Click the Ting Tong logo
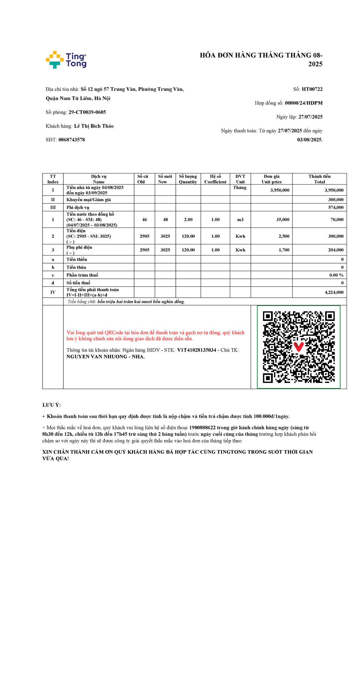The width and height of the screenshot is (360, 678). coord(66,60)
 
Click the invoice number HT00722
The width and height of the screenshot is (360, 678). coord(312,89)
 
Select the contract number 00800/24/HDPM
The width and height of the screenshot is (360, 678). coord(304,103)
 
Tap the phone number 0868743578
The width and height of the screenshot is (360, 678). coord(72,140)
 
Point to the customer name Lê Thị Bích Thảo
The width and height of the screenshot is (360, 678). coord(94,126)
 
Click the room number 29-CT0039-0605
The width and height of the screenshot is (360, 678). coord(87,112)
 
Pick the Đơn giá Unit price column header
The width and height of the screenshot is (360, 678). coord(271,179)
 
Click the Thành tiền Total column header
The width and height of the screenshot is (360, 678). coord(319,179)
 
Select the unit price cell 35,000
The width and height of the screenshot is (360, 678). coord(283,220)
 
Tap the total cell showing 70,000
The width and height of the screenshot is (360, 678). coord(337,220)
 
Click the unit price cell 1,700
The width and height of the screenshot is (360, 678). coord(284,250)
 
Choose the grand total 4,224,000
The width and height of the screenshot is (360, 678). coord(334,292)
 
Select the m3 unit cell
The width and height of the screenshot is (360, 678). coord(240,220)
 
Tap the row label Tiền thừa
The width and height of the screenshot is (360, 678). coord(76,267)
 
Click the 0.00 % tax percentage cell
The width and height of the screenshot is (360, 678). coord(336,275)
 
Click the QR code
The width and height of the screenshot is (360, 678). coord(299,347)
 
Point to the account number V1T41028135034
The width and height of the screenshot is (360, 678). coord(196,350)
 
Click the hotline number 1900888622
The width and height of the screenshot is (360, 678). coord(202,428)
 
